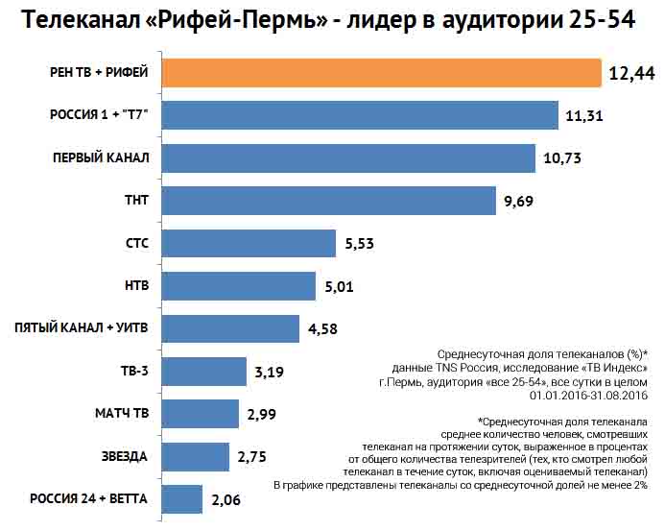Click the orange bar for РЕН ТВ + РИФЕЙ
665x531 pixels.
(381, 73)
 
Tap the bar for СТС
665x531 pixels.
(249, 244)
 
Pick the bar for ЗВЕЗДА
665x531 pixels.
(196, 456)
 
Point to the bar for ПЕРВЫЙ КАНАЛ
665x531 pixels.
(348, 157)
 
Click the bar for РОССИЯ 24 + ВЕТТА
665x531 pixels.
(182, 499)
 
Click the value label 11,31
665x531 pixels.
(585, 116)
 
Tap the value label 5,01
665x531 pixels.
(343, 286)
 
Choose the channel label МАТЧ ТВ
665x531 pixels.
(122, 414)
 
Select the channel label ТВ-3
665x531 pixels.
(134, 372)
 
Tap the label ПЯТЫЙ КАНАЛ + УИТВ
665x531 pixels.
(82, 328)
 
